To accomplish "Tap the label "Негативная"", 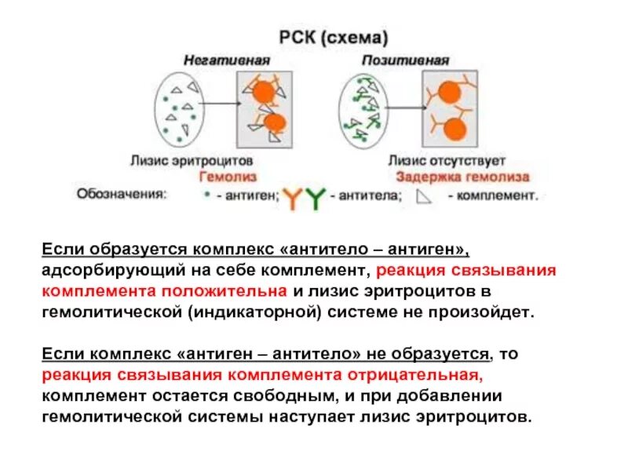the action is click(x=228, y=60).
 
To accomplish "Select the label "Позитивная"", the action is click(x=405, y=60).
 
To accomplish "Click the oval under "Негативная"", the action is click(x=180, y=108).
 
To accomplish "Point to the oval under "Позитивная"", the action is click(x=363, y=108).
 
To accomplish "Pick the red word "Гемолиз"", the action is click(x=228, y=177).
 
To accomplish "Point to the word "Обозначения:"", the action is click(x=121, y=193).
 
